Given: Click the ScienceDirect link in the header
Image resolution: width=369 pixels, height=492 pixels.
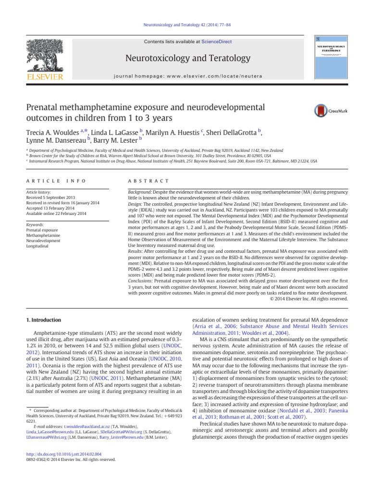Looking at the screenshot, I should pyautogui.click(x=215, y=42).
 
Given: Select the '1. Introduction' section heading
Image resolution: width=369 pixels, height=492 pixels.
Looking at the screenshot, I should pyautogui.click(x=43, y=320).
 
